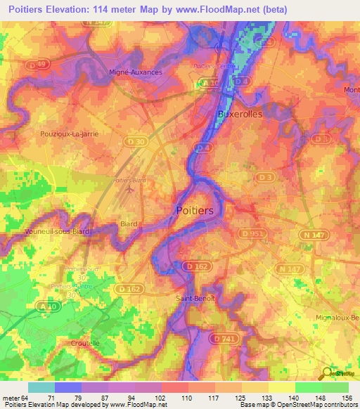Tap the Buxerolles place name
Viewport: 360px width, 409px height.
(240, 113)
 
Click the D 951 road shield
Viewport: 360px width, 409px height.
(250, 233)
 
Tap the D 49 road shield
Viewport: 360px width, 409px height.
(41, 65)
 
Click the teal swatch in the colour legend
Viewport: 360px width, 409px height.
(41, 387)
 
